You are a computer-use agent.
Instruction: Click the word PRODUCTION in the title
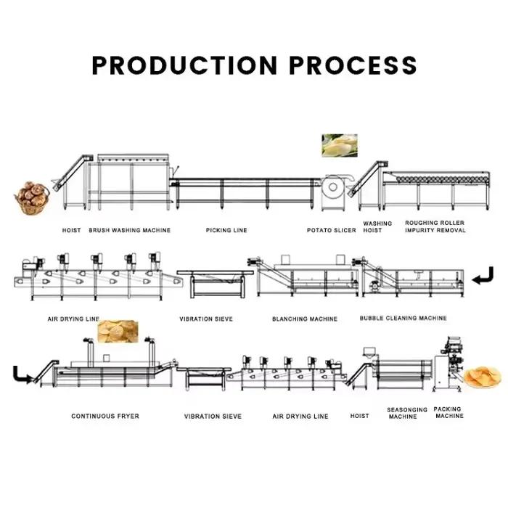pos(184,65)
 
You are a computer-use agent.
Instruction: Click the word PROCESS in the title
pos(353,65)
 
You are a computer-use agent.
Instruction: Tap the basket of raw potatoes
pos(32,198)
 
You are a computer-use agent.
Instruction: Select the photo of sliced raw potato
pos(340,145)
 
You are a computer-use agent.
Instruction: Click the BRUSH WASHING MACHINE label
pos(130,230)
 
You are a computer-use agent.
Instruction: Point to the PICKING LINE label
pos(226,230)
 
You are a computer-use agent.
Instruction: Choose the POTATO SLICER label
pos(331,230)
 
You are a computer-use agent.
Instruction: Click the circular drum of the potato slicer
pos(332,187)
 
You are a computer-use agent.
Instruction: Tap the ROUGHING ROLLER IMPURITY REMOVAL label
pos(435,226)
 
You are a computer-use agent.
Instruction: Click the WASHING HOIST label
pos(377,226)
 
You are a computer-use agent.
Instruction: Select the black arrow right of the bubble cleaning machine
pos(483,276)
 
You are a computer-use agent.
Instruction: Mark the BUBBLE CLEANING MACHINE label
pos(403,318)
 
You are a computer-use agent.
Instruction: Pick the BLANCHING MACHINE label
pos(305,319)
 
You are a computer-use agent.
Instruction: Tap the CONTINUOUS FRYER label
pos(105,416)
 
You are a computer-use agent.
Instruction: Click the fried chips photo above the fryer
pos(118,331)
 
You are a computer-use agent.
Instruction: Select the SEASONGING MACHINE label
pos(407,413)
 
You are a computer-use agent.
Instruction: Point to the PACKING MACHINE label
pos(448,412)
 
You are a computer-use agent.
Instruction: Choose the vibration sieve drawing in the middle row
pos(215,284)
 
